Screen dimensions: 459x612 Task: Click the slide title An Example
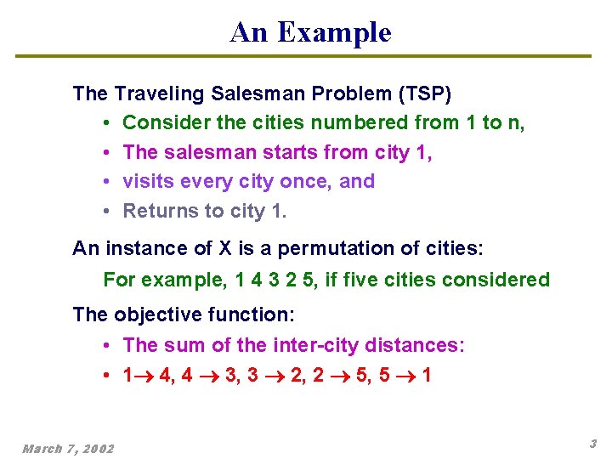pyautogui.click(x=310, y=32)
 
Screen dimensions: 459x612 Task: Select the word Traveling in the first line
pyautogui.click(x=155, y=93)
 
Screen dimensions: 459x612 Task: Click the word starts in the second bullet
pyautogui.click(x=268, y=152)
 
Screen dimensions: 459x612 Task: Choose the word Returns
pyautogui.click(x=158, y=211)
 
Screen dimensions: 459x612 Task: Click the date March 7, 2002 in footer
pyautogui.click(x=68, y=448)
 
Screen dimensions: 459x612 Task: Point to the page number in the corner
pyautogui.click(x=592, y=444)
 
